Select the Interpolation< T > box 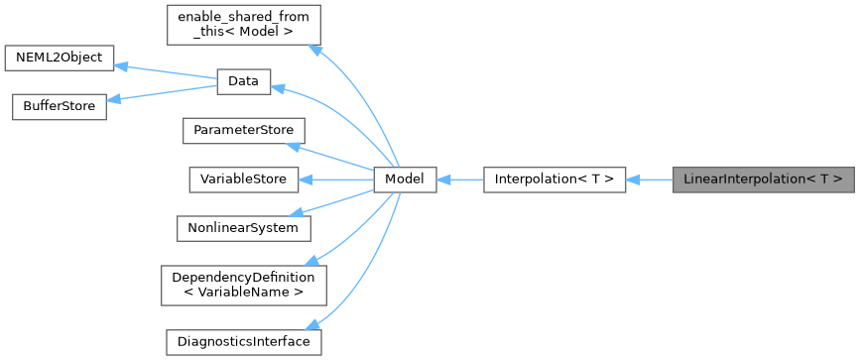[553, 180]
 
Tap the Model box [405, 180]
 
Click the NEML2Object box [60, 59]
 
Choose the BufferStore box [59, 107]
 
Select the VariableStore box [243, 180]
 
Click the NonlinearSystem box [243, 228]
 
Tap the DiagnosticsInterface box [243, 341]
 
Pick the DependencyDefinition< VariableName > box [243, 285]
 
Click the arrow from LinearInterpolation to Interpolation [650, 180]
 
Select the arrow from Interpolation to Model [459, 180]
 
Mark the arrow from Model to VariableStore [337, 180]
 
